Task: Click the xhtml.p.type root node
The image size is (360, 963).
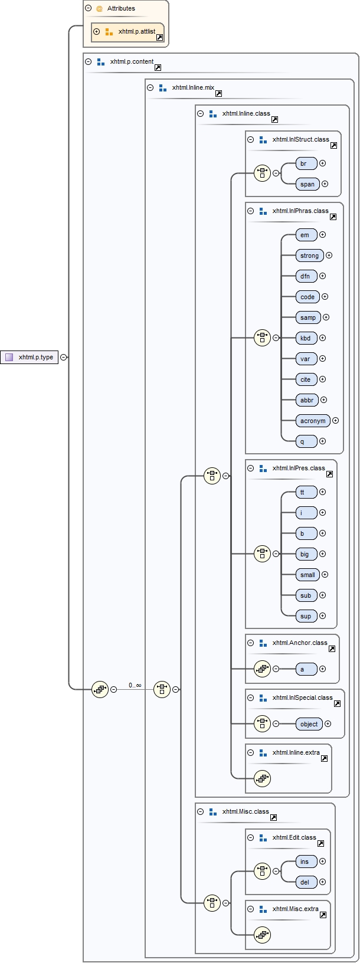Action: [30, 357]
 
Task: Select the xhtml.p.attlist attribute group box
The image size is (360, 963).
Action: [127, 32]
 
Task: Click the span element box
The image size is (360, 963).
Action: [307, 184]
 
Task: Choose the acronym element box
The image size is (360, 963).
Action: [313, 421]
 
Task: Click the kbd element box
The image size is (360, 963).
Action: [306, 338]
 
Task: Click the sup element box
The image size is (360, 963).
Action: [306, 616]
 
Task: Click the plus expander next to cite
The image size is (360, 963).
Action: [323, 379]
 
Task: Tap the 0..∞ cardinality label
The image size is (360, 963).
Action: [135, 685]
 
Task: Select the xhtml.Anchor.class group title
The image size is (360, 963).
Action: [300, 643]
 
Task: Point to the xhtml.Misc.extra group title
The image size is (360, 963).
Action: [295, 909]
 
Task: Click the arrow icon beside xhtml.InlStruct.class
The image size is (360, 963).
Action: [334, 145]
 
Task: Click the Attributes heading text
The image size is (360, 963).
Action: [121, 8]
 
